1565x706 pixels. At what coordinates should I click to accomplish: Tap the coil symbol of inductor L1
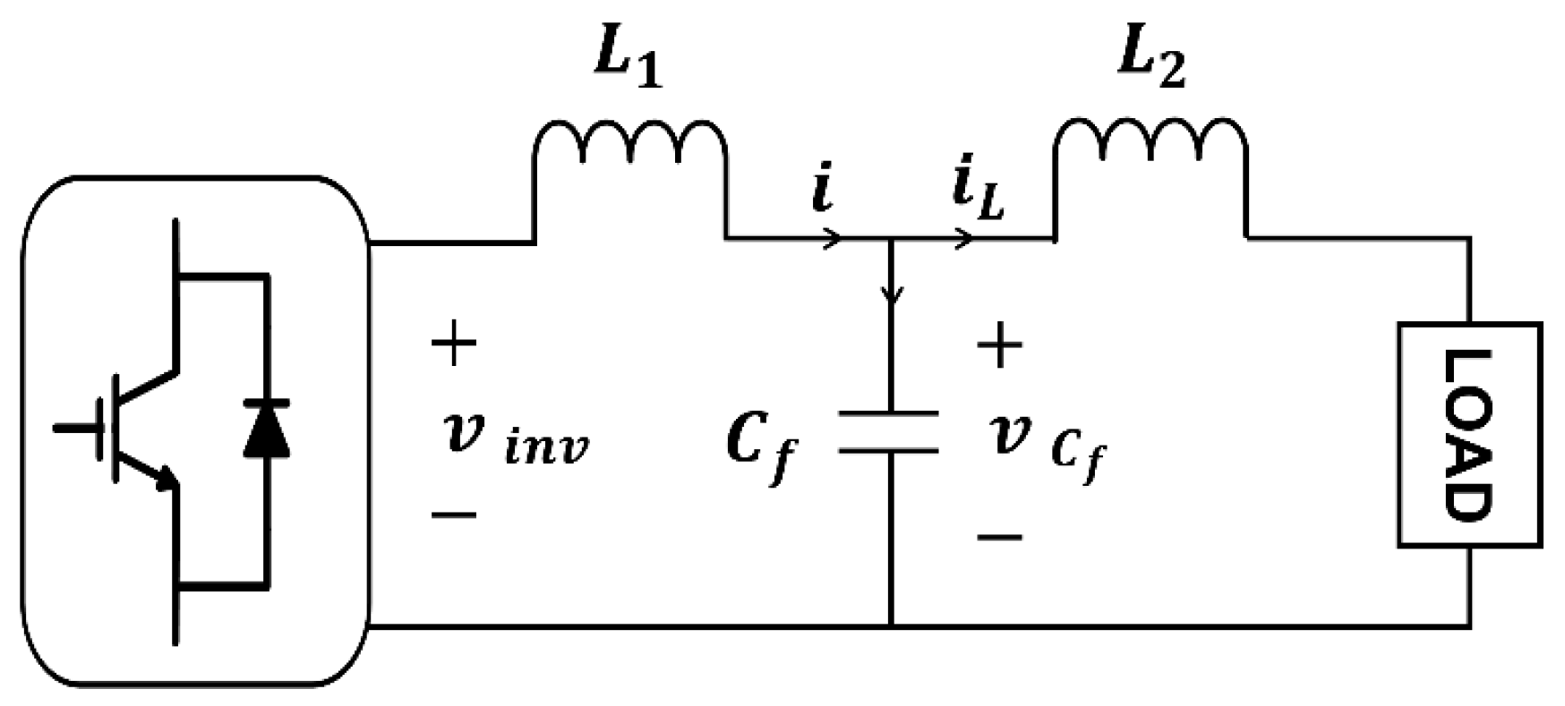(629, 143)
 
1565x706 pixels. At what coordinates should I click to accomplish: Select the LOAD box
(1469, 434)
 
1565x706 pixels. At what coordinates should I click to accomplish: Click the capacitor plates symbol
(889, 431)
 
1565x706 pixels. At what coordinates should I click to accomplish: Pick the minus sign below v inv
(454, 515)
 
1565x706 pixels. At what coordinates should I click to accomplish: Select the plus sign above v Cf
(999, 345)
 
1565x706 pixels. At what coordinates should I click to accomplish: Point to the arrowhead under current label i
(833, 238)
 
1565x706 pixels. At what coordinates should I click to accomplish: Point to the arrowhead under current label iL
(965, 238)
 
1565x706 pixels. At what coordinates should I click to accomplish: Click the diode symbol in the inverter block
(267, 429)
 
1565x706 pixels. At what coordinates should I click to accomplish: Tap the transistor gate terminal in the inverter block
(76, 429)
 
